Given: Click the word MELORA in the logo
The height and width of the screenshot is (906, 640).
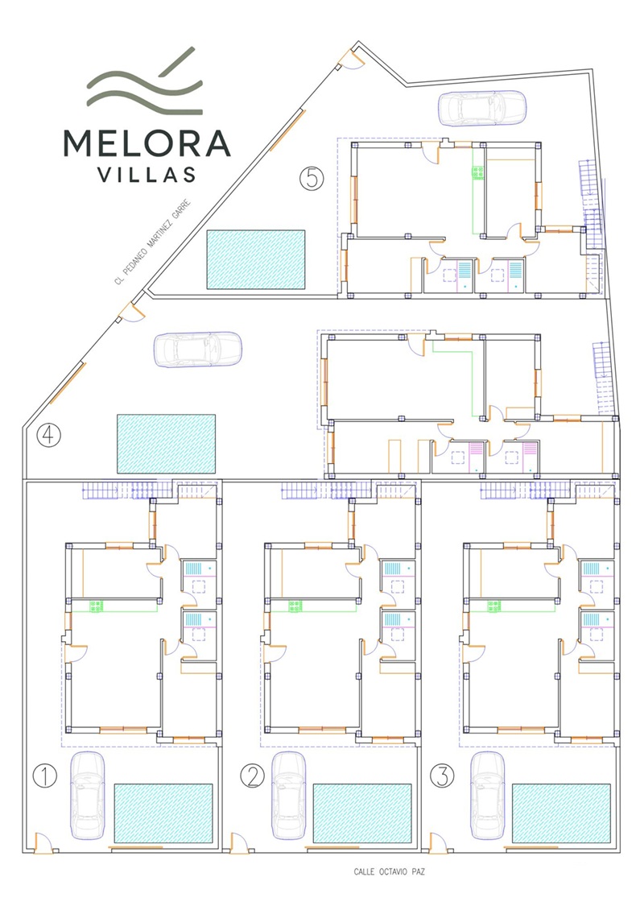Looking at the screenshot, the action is (x=147, y=143).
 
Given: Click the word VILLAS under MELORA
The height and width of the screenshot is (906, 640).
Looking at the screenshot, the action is (x=147, y=175).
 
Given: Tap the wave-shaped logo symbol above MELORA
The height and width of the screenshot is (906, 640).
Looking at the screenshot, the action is (x=146, y=81).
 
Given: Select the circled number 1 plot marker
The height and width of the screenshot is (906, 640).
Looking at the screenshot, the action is (x=45, y=776).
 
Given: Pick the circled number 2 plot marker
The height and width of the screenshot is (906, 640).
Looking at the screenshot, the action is (x=252, y=776).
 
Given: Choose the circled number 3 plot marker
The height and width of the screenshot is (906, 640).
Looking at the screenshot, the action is (x=442, y=776).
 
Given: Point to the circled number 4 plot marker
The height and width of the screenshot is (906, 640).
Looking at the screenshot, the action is (x=48, y=435).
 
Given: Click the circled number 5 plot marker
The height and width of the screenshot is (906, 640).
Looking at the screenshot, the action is (x=312, y=178).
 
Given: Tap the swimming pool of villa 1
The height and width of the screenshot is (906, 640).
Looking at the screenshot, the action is (x=163, y=813).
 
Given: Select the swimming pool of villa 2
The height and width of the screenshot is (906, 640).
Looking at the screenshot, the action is (x=362, y=813).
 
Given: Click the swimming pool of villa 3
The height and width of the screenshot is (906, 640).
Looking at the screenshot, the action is (x=561, y=813).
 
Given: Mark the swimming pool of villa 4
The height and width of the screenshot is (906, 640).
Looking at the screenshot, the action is (x=167, y=443).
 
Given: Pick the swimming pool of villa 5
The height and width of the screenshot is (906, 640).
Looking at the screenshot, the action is (x=256, y=259).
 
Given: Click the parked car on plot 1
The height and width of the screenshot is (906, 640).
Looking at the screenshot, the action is (x=88, y=796).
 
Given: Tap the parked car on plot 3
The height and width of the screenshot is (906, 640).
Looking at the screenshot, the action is (x=487, y=796).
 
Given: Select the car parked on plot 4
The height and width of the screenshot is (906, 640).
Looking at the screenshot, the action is (x=197, y=350).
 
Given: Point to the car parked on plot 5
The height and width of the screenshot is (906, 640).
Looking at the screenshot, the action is (x=482, y=108).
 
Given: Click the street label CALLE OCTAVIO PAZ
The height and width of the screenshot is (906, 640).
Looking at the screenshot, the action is (x=389, y=871).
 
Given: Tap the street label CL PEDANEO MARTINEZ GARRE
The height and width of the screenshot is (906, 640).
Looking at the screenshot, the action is (x=152, y=242).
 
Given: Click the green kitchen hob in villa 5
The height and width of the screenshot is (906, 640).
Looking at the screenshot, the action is (x=477, y=172).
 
